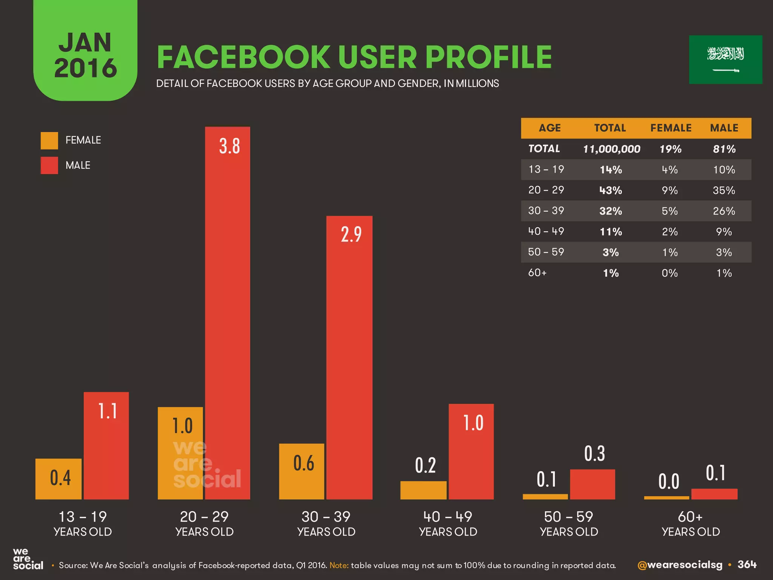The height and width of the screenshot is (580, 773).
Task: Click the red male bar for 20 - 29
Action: (228, 313)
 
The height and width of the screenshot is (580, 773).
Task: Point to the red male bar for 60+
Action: (714, 494)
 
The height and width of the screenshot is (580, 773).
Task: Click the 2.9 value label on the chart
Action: (351, 234)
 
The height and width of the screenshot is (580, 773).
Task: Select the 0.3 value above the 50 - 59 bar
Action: (594, 454)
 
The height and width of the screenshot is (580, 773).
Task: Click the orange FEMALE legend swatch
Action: (49, 140)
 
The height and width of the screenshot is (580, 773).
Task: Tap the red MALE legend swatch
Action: (49, 165)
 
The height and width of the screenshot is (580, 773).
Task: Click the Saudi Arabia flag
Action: (725, 60)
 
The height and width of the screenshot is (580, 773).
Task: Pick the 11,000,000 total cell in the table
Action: (611, 149)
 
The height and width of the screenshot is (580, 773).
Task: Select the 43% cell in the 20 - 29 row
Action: (611, 190)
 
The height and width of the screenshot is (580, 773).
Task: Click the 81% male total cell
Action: (724, 149)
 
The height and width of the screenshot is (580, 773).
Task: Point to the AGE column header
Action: (550, 128)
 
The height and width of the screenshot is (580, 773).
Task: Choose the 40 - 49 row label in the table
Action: (546, 231)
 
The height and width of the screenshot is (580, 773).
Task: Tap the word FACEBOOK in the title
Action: (243, 57)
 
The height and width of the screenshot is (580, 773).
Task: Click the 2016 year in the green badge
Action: (86, 68)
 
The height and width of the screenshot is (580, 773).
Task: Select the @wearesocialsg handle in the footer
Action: (680, 565)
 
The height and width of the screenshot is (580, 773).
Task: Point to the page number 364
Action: (747, 565)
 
